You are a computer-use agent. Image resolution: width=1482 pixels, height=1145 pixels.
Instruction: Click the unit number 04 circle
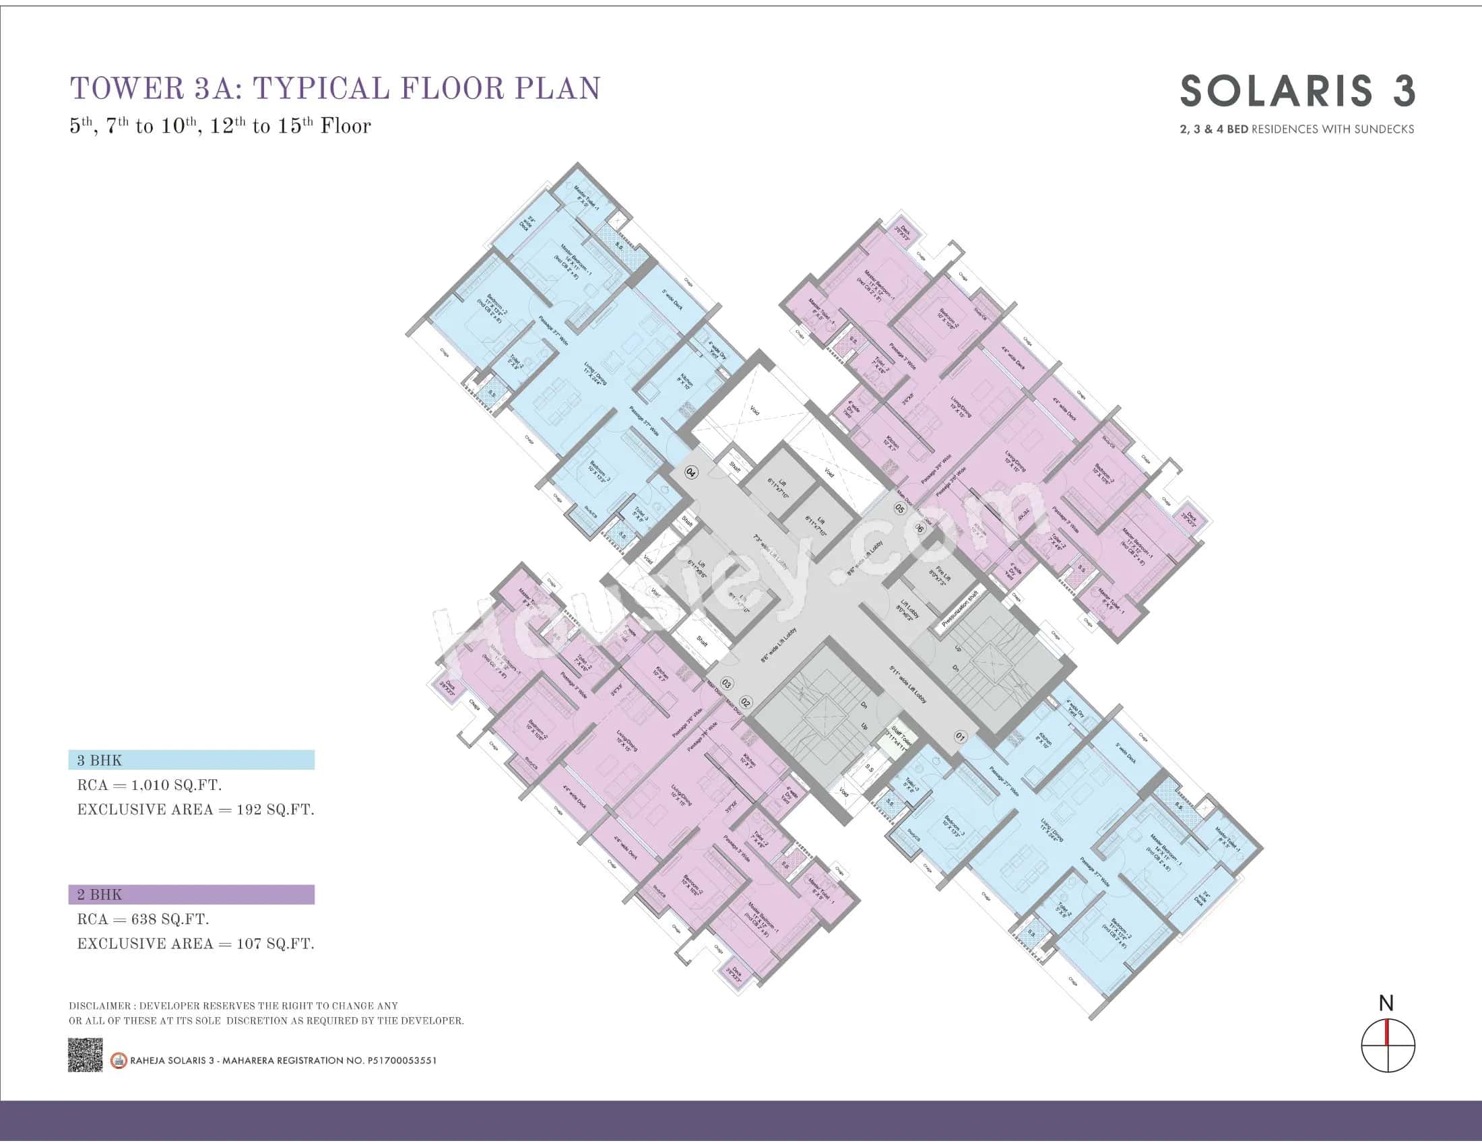click(691, 472)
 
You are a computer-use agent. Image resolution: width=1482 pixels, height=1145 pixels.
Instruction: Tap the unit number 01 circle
click(960, 736)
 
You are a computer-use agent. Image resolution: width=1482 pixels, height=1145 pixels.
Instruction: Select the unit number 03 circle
click(727, 683)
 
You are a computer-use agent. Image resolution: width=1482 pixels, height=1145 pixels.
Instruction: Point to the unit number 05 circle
click(900, 508)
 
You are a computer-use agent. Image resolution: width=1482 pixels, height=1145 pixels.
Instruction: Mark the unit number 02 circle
click(745, 702)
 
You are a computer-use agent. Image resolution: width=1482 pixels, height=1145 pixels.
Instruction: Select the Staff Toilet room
click(901, 736)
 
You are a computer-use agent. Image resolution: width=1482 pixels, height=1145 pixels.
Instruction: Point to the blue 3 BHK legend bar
click(191, 760)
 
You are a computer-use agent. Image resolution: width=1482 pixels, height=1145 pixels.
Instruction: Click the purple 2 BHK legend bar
click(191, 894)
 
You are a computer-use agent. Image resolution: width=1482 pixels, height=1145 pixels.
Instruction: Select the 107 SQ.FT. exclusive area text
click(274, 944)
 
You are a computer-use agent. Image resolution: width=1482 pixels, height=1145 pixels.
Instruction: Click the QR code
click(86, 1055)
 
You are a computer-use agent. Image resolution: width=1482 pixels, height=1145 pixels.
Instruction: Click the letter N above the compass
click(1386, 1004)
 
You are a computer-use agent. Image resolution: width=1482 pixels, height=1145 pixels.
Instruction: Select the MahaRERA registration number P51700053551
click(401, 1060)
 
